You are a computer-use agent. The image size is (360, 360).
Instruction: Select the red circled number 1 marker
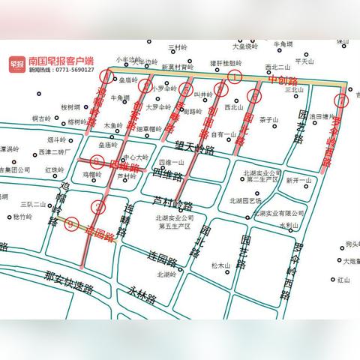click(x=235, y=76)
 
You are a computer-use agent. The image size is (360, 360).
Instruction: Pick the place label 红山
click(x=344, y=280)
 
